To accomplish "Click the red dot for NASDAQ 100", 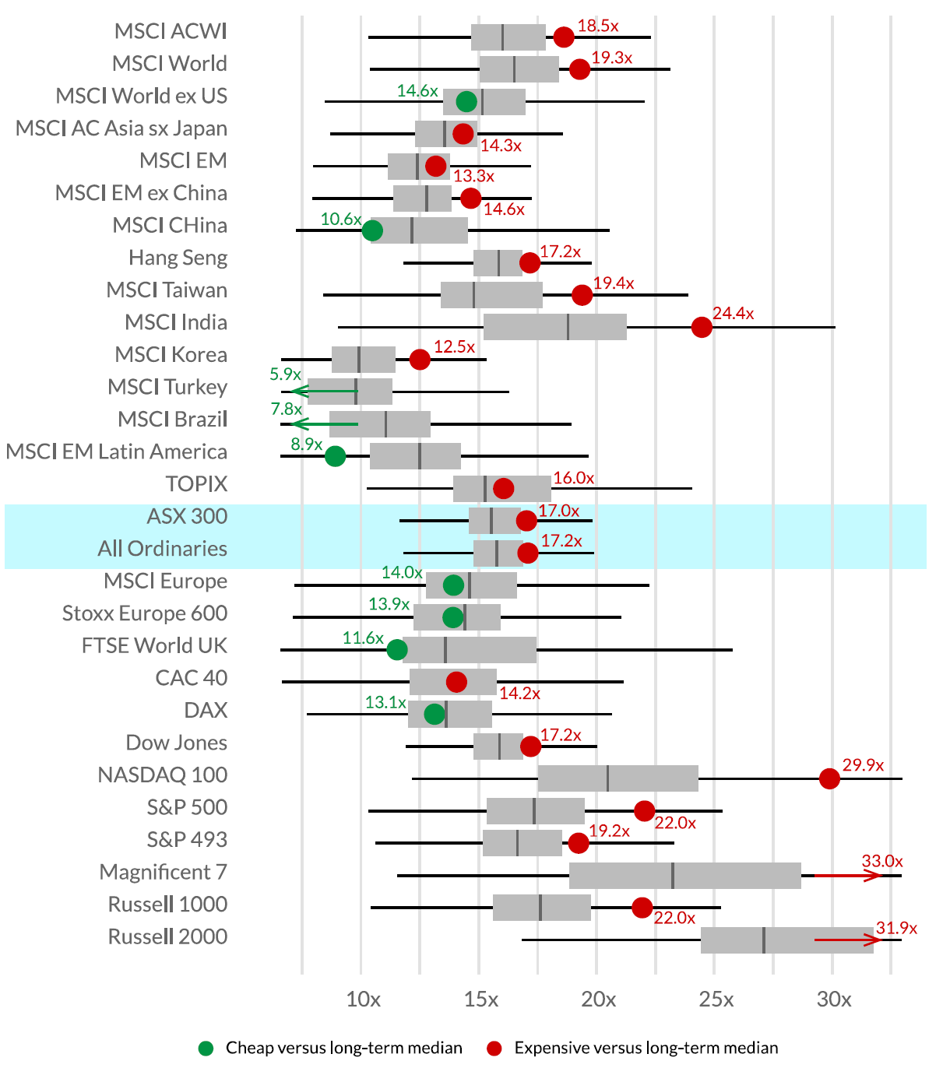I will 829,778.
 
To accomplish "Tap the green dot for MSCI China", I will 372,230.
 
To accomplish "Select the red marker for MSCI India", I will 702,327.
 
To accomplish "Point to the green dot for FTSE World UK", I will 397,650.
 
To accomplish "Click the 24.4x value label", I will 733,314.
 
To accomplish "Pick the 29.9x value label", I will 863,765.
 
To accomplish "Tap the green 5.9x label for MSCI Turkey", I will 285,374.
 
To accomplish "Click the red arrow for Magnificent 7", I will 847,876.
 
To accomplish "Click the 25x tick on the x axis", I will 716,999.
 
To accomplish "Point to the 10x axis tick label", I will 363,999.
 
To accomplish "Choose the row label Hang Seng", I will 178,258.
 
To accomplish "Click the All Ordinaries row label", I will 162,549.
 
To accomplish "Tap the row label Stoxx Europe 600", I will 145,613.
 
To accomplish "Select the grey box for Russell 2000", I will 786,940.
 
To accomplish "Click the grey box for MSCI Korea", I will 364,360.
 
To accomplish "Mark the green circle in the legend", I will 206,1049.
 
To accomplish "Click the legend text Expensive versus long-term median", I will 646,1049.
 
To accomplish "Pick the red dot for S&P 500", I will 644,811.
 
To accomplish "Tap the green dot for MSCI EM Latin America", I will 335,456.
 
